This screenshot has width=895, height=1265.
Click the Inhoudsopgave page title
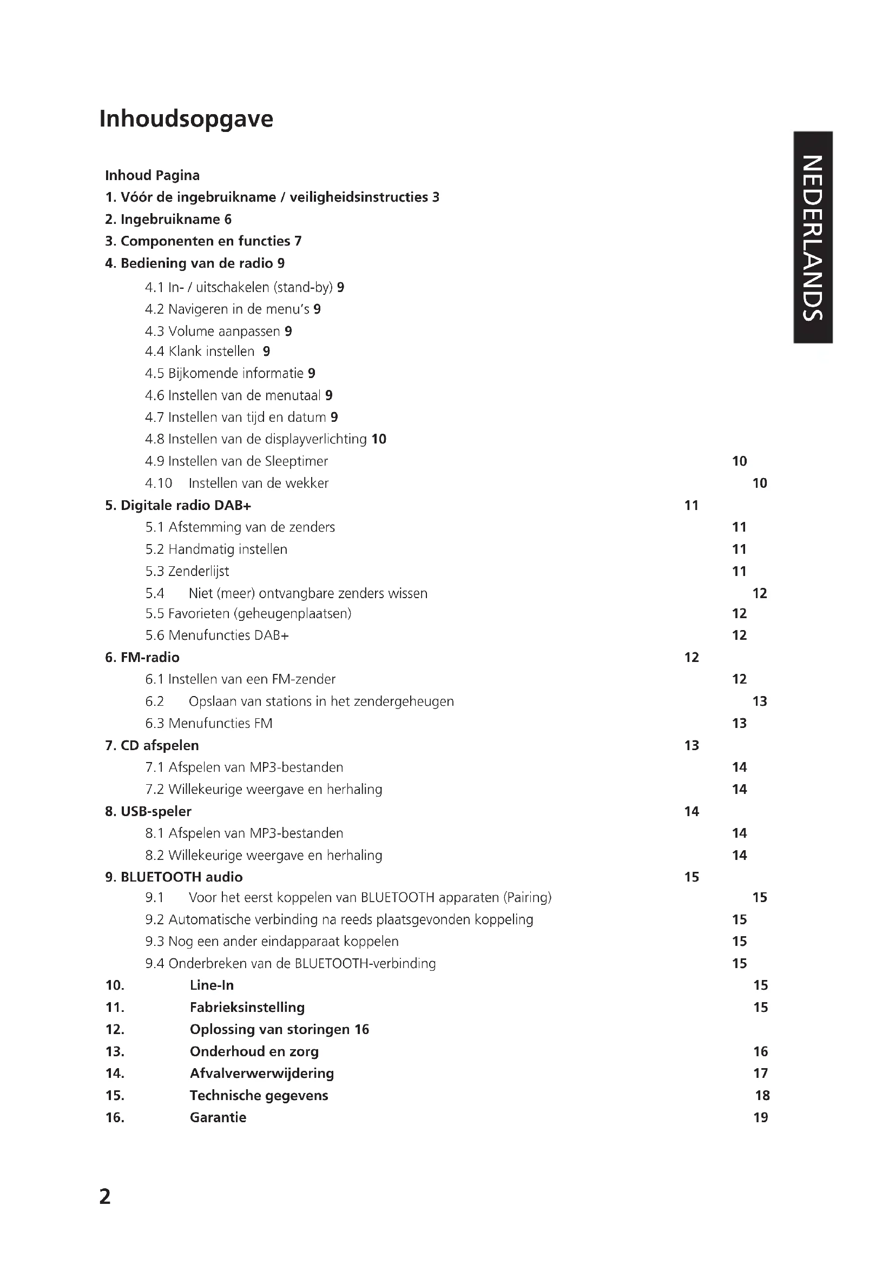point(186,119)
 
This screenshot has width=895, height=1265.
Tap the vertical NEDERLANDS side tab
point(812,237)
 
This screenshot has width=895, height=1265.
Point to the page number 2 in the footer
point(105,1196)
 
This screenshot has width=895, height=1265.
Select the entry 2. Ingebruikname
point(168,219)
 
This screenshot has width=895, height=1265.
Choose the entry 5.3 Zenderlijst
point(187,571)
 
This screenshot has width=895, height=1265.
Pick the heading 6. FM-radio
point(142,657)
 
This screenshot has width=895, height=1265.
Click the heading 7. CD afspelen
point(152,745)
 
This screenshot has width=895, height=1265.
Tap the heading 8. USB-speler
point(148,812)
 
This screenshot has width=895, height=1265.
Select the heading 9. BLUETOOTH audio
point(174,877)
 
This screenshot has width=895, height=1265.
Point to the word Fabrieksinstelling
point(247,1007)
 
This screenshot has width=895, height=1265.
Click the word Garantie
point(218,1117)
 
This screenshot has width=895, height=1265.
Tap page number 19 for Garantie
point(760,1117)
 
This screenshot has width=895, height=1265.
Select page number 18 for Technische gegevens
point(762,1095)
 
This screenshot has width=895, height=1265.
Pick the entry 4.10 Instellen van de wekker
point(237,483)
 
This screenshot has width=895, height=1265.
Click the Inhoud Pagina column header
point(152,175)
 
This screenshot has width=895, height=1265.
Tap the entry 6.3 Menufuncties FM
point(209,724)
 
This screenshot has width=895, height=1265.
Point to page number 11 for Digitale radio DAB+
point(691,505)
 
